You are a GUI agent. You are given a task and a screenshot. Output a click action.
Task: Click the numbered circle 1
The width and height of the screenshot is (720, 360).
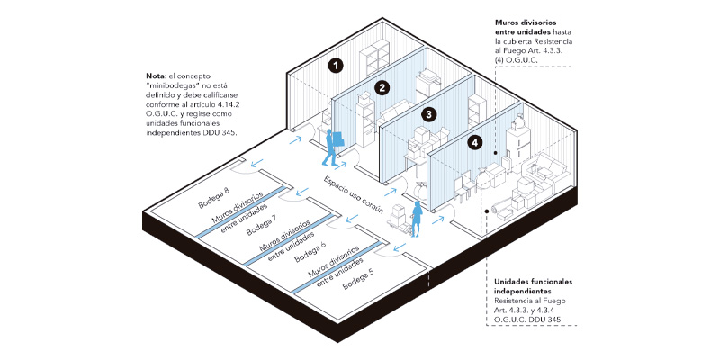tap(335, 65)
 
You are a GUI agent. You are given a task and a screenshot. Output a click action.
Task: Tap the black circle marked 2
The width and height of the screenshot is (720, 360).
tap(382, 87)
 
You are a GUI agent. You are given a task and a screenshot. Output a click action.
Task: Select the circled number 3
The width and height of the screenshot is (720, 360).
tap(429, 114)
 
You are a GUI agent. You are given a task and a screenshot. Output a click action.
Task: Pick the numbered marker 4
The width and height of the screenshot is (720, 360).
tap(476, 142)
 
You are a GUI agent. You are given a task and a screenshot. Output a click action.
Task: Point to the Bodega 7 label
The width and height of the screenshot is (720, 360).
tap(262, 225)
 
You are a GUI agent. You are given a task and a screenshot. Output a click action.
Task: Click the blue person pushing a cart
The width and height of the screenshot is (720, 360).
tap(417, 219)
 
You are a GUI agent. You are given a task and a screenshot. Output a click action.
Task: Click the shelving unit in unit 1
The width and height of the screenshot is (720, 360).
tap(373, 59)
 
